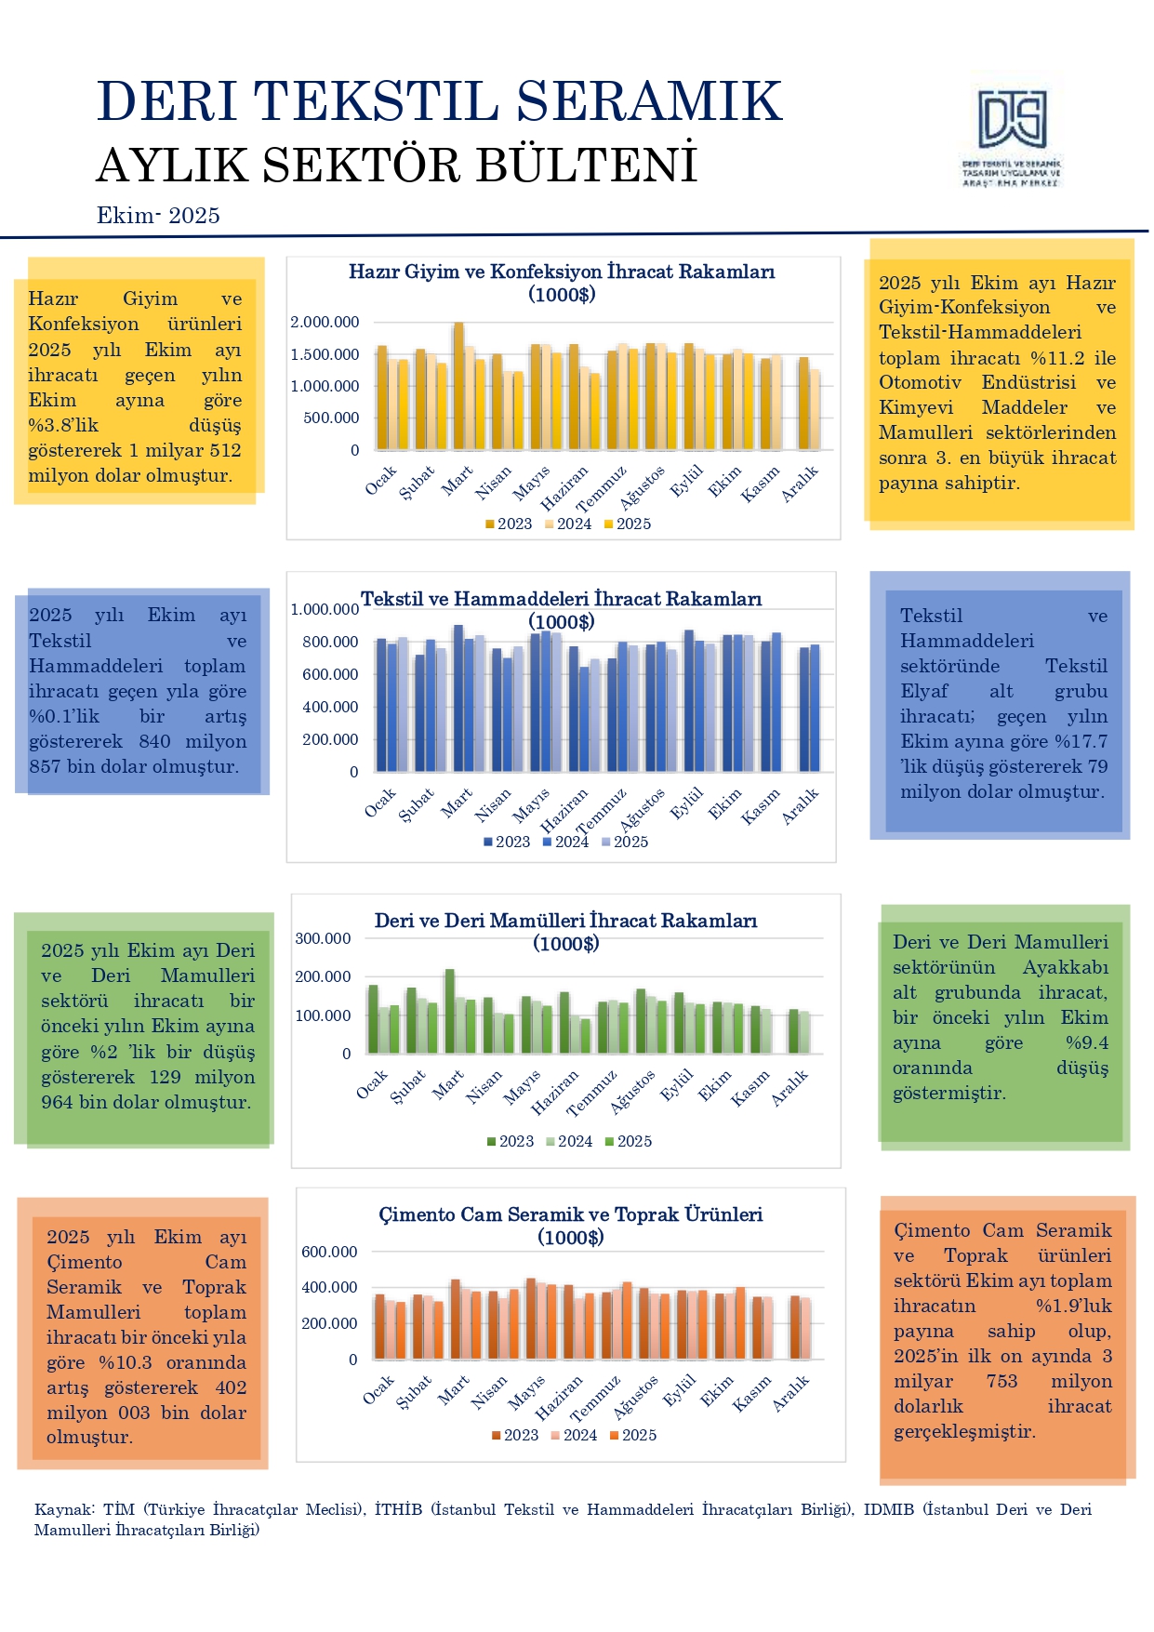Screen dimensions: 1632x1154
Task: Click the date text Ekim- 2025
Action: [x=158, y=216]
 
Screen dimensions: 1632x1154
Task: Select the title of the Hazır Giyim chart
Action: [x=562, y=283]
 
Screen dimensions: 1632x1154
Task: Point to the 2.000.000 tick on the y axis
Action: [x=325, y=323]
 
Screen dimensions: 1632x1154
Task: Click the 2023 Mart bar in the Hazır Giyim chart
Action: [x=458, y=386]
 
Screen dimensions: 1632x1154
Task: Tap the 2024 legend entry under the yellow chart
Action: [x=568, y=524]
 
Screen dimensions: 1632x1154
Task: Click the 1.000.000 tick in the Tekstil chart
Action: [x=325, y=610]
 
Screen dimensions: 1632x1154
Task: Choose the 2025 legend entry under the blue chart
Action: [x=625, y=843]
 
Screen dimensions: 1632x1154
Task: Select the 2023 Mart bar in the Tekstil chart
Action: [x=458, y=697]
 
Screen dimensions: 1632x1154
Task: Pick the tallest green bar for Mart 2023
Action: [x=450, y=1011]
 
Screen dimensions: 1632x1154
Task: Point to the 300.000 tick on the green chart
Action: [x=323, y=939]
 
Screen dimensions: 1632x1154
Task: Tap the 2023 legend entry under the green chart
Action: [x=511, y=1142]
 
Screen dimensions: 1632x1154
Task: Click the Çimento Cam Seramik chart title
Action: [x=570, y=1226]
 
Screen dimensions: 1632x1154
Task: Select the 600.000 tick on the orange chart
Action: [x=329, y=1253]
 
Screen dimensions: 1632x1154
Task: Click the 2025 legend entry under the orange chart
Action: [x=633, y=1436]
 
